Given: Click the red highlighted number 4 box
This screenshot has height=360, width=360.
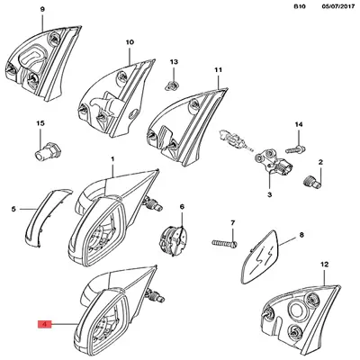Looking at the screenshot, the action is click(44, 324).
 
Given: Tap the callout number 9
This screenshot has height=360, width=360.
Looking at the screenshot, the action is click(42, 10).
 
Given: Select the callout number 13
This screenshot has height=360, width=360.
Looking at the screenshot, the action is click(174, 62).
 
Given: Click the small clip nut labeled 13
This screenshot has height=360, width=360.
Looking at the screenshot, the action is click(172, 86).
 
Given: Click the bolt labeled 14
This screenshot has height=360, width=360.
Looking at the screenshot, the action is click(295, 148).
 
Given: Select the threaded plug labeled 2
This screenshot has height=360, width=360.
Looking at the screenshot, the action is click(311, 182).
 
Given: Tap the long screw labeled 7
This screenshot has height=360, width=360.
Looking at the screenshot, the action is click(225, 243).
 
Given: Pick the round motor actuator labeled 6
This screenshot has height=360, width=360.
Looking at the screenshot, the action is click(174, 241).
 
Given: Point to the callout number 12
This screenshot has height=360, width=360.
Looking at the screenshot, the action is click(325, 265).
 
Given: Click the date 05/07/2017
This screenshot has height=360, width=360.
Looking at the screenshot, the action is click(337, 6).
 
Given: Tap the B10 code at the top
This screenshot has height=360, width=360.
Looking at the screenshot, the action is click(299, 6).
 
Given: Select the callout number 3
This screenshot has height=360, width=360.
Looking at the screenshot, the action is click(269, 194).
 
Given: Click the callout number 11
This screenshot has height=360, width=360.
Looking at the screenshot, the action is click(219, 70).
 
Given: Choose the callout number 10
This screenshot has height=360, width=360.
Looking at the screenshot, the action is click(130, 42).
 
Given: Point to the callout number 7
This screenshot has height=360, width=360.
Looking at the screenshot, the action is click(233, 223).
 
